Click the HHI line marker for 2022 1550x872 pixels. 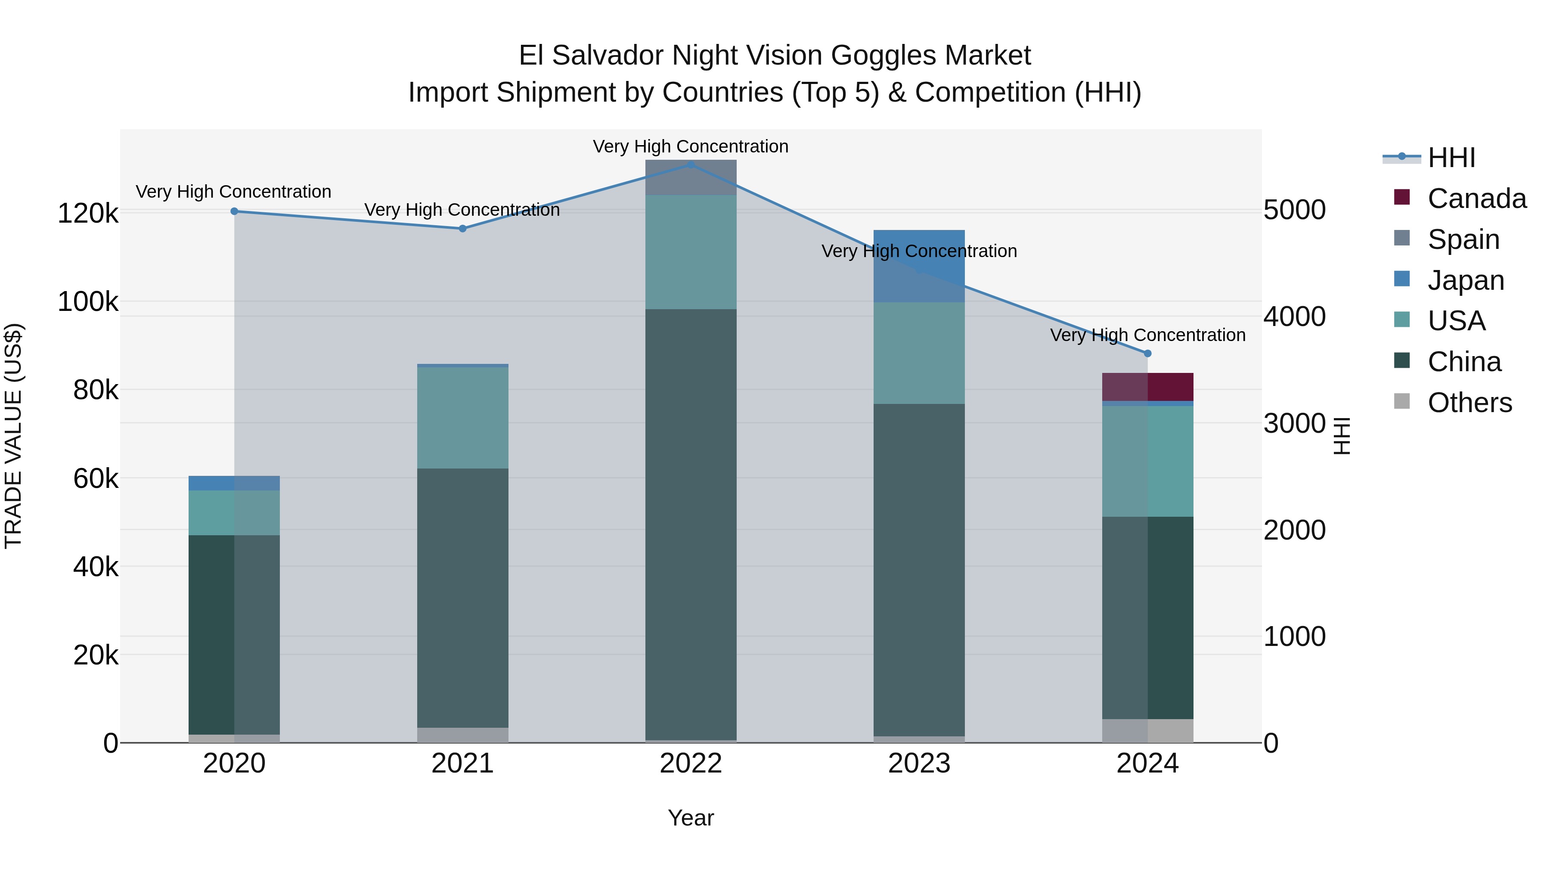pyautogui.click(x=691, y=164)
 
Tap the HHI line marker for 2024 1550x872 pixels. pyautogui.click(x=1147, y=353)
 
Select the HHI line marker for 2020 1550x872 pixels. pyautogui.click(x=235, y=211)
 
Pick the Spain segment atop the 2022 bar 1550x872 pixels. pyautogui.click(x=691, y=177)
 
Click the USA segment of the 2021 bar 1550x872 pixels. pyautogui.click(x=463, y=418)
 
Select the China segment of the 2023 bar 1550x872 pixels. pyautogui.click(x=919, y=569)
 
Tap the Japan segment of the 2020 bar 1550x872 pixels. pyautogui.click(x=234, y=483)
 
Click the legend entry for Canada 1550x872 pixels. pyautogui.click(x=1477, y=199)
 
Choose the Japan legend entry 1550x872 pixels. pyautogui.click(x=1466, y=280)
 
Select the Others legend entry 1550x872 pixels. pyautogui.click(x=1469, y=403)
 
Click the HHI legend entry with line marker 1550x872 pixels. pyautogui.click(x=1451, y=158)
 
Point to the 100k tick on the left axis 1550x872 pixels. pyautogui.click(x=88, y=301)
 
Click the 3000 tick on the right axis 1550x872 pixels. pyautogui.click(x=1294, y=424)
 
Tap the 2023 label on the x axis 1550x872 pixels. pyautogui.click(x=919, y=763)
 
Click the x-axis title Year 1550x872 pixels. pyautogui.click(x=691, y=818)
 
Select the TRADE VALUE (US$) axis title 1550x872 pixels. pyautogui.click(x=14, y=436)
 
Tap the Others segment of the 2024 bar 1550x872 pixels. pyautogui.click(x=1147, y=731)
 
